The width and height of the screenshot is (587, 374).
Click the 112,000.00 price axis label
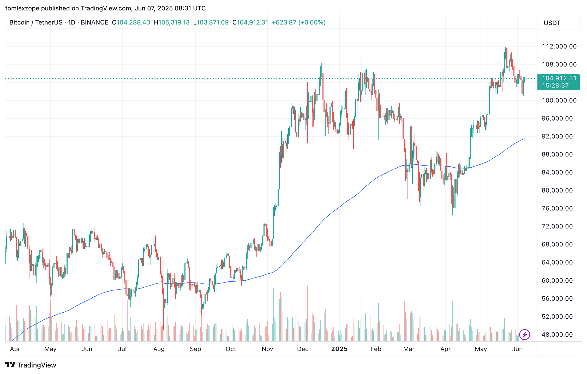pos(559,46)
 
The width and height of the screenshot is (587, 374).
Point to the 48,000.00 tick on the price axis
pos(557,335)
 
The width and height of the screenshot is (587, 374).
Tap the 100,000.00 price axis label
pos(559,100)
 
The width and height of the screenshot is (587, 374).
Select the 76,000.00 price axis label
pos(557,208)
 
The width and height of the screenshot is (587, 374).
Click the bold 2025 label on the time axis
pos(339,349)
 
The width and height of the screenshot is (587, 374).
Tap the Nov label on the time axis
pos(267,349)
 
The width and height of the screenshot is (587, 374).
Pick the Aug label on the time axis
pos(159,349)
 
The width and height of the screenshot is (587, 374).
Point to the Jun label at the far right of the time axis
pos(517,349)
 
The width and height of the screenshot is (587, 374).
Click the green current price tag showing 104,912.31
pos(559,82)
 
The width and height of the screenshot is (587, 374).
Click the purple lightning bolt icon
pos(524,334)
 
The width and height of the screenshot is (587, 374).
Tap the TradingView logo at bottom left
pos(31,365)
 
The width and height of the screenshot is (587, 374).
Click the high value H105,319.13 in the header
pos(172,22)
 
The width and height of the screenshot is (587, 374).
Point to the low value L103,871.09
pos(211,22)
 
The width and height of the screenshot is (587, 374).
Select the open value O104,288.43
pos(131,22)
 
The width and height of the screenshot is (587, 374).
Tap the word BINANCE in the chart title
pos(94,22)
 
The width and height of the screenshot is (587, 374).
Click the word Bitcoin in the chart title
pos(19,22)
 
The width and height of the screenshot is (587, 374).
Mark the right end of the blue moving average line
pos(524,139)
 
